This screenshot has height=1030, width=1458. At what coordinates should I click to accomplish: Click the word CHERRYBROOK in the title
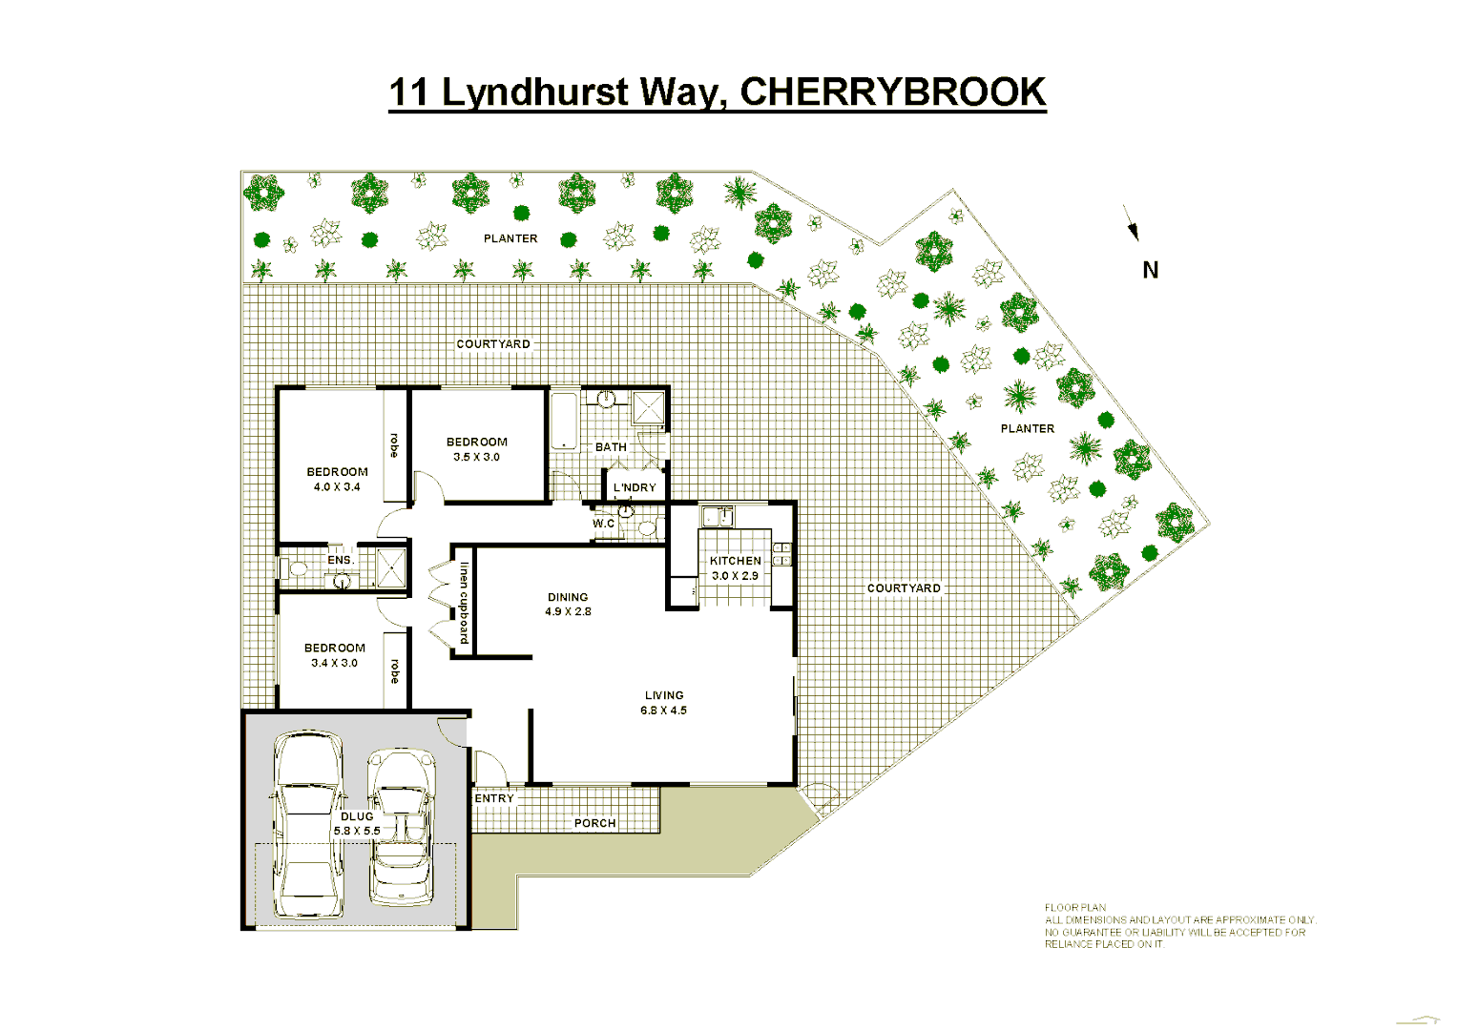pyautogui.click(x=893, y=93)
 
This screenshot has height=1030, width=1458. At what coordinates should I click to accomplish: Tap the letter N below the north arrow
pyautogui.click(x=1151, y=271)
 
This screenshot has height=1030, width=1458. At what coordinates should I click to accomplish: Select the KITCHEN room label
pyautogui.click(x=735, y=561)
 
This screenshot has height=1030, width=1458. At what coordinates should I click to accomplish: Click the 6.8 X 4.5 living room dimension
pyautogui.click(x=663, y=711)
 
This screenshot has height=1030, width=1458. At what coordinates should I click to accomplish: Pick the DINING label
pyautogui.click(x=568, y=597)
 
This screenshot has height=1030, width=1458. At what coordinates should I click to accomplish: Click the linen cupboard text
pyautogui.click(x=464, y=603)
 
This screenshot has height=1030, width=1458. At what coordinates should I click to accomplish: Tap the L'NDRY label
pyautogui.click(x=635, y=487)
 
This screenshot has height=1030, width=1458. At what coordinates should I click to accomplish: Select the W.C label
pyautogui.click(x=603, y=524)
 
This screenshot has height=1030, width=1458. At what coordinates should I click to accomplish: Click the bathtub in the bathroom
pyautogui.click(x=565, y=420)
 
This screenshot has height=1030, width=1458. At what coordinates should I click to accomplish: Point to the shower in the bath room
pyautogui.click(x=649, y=408)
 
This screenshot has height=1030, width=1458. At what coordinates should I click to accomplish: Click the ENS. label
pyautogui.click(x=341, y=560)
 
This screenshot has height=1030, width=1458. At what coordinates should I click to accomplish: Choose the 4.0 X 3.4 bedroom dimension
pyautogui.click(x=337, y=486)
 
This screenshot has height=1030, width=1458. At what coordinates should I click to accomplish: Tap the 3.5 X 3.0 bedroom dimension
pyautogui.click(x=476, y=457)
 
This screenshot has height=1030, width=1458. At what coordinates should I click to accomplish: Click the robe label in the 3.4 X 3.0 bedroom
pyautogui.click(x=394, y=670)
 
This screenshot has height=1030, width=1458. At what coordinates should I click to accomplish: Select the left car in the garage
pyautogui.click(x=307, y=825)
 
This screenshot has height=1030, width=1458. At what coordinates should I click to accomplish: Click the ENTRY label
pyautogui.click(x=494, y=798)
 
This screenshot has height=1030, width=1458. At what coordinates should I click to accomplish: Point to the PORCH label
pyautogui.click(x=594, y=823)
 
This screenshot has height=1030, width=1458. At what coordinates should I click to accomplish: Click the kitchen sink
pyautogui.click(x=717, y=517)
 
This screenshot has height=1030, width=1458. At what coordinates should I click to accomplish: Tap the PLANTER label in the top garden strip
pyautogui.click(x=510, y=238)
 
